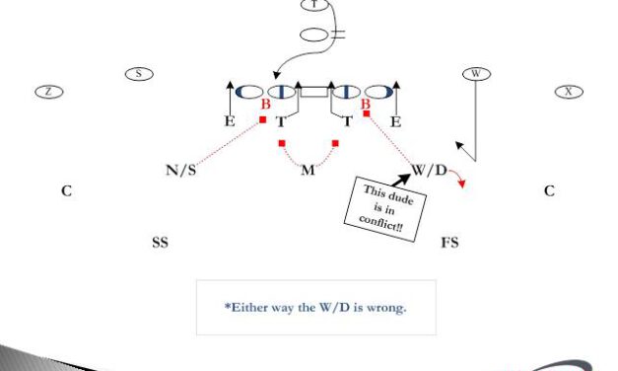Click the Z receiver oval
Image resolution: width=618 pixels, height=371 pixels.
click(x=49, y=91)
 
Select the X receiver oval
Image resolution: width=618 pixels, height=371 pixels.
click(x=568, y=91)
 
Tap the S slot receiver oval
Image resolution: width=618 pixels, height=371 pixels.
click(x=139, y=73)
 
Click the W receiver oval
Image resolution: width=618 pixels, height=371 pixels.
click(x=476, y=73)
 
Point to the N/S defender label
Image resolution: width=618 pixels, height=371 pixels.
click(x=180, y=170)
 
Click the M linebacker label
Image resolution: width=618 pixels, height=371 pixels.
click(x=308, y=170)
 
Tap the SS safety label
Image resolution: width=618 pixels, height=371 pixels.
click(x=160, y=242)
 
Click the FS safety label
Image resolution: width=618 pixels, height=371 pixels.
click(x=449, y=242)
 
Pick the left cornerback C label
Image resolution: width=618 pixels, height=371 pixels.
click(x=66, y=191)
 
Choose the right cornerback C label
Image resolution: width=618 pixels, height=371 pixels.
click(x=549, y=191)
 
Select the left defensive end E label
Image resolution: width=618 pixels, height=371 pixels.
click(x=229, y=122)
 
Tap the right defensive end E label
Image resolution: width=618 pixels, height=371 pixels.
click(x=395, y=122)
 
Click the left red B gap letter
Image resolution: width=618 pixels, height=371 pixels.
click(x=264, y=105)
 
